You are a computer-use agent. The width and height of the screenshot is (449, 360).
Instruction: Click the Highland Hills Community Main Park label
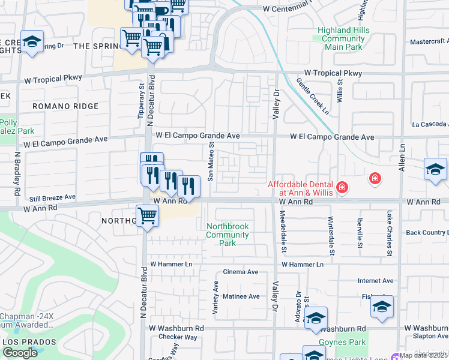[342, 39]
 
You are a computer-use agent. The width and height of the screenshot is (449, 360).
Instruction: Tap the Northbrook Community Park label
[228, 235]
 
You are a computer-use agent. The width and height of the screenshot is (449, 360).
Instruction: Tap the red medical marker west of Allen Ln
[375, 178]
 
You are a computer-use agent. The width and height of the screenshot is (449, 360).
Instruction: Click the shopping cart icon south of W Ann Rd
[147, 217]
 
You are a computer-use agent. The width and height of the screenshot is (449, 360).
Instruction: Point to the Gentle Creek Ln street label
[313, 96]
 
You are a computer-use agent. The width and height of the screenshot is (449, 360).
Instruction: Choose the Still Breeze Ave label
[52, 197]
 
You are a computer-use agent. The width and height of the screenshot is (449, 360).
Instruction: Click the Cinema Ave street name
[241, 272]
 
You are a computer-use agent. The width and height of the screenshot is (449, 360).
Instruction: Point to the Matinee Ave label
[241, 296]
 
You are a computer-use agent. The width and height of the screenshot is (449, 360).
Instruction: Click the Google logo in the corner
[20, 352]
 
